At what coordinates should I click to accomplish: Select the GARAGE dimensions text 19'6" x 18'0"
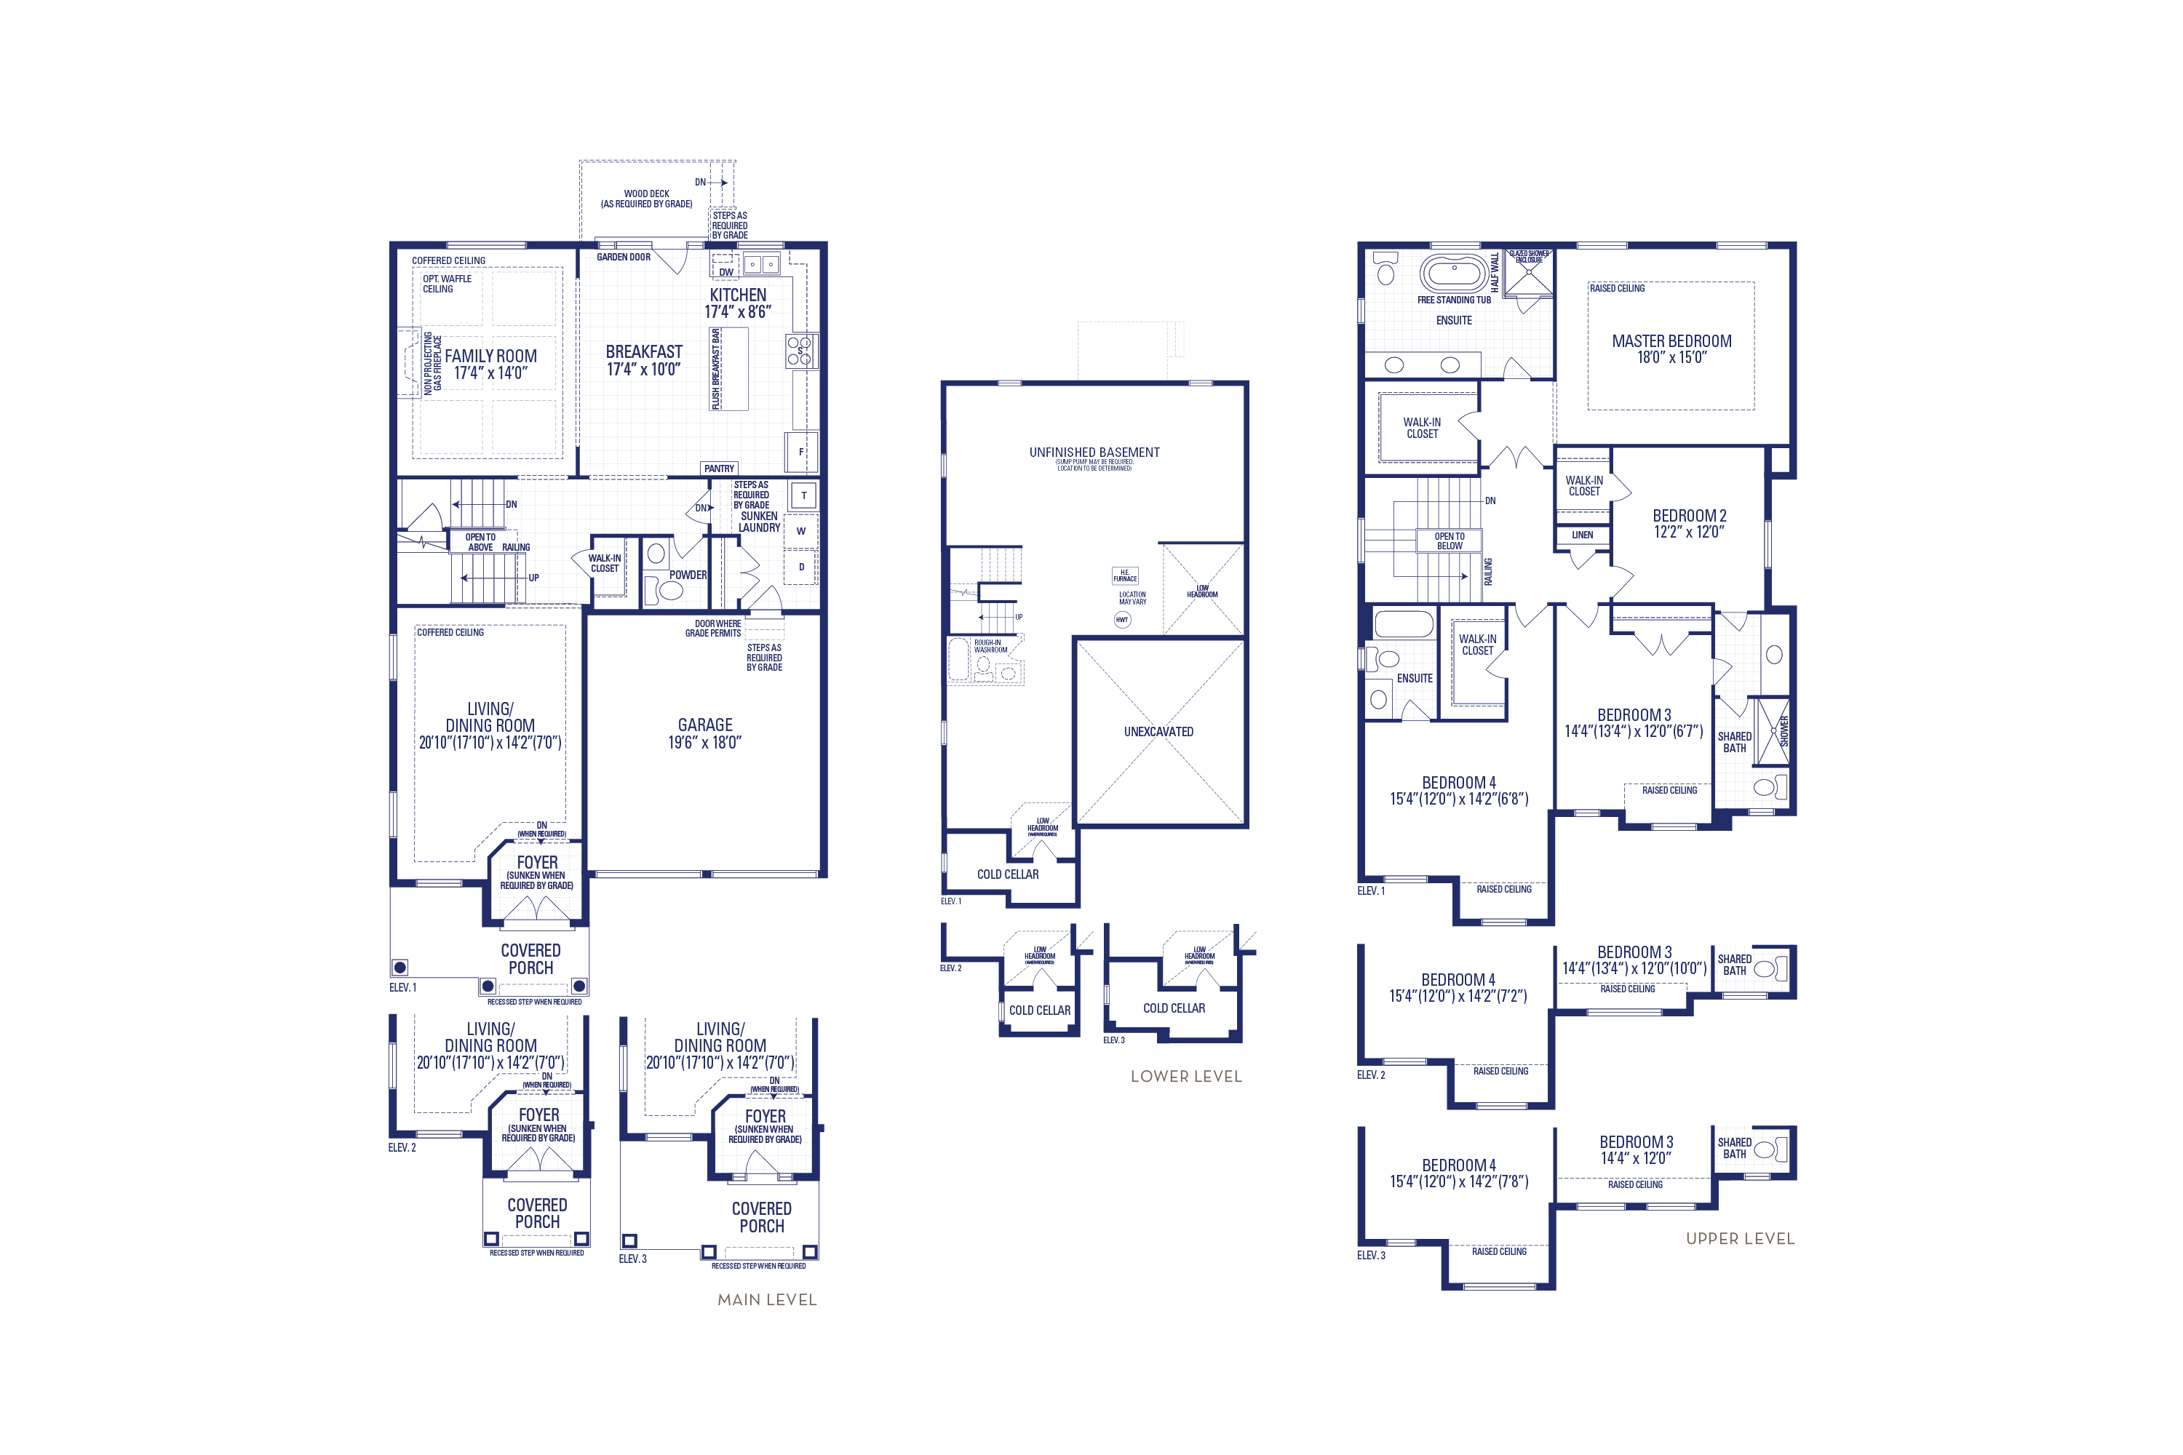pos(704,742)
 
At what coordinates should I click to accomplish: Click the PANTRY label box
pos(720,469)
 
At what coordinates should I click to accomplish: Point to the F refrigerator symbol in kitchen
pos(801,452)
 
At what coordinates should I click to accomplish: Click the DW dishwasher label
pos(725,272)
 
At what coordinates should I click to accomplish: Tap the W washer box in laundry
pos(801,532)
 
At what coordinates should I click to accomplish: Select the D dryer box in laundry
pos(801,567)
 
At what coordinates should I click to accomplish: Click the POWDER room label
pos(688,575)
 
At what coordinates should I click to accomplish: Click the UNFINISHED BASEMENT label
pos(1094,453)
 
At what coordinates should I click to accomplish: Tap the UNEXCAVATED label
pos(1158,731)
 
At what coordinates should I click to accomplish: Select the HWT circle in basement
pos(1122,620)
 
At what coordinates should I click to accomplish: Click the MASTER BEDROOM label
pos(1671,341)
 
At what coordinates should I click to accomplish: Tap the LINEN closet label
pos(1583,535)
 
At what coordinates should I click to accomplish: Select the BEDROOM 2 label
pos(1689,516)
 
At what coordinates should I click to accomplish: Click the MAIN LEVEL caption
pos(767,1300)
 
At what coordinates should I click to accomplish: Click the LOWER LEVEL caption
pos(1185,1077)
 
